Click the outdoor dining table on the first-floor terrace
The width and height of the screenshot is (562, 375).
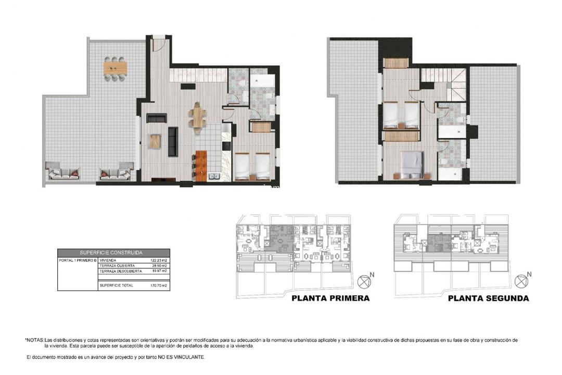point(115,68)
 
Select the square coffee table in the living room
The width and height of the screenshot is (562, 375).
point(155,141)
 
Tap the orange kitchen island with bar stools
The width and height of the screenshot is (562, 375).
point(201,165)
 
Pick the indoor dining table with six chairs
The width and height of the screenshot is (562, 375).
point(197,117)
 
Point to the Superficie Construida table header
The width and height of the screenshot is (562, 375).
point(113,252)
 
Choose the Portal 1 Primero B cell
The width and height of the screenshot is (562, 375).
point(77,260)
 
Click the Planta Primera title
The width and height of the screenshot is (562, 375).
point(330,298)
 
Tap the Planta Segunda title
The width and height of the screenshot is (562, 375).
point(488,298)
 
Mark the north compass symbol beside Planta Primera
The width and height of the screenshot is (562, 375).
point(364,282)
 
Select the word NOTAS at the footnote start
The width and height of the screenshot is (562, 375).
point(34,340)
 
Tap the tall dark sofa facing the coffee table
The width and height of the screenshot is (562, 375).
point(173,141)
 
